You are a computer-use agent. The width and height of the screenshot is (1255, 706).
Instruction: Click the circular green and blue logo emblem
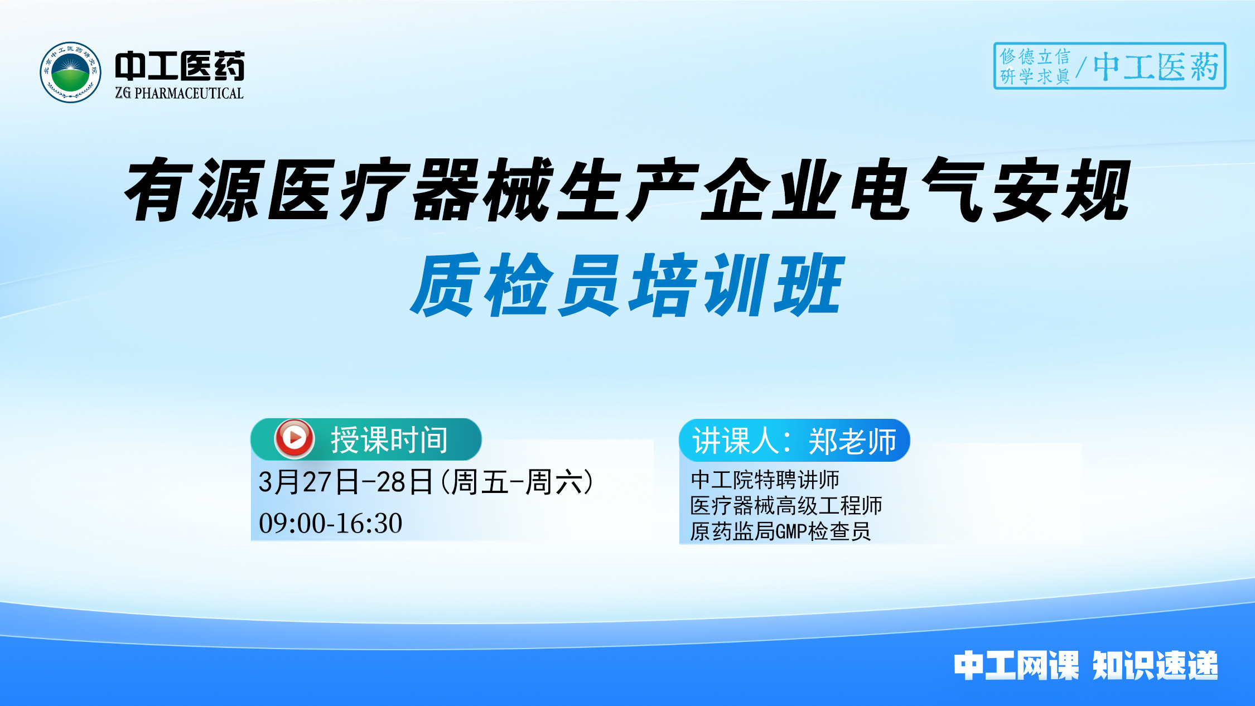[x=70, y=72]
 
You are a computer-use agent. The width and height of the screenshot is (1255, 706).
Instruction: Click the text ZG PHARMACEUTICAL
[x=179, y=93]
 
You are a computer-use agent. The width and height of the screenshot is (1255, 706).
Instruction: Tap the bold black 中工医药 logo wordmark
[x=180, y=66]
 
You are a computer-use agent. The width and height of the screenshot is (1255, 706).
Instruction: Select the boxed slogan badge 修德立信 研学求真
[x=1034, y=66]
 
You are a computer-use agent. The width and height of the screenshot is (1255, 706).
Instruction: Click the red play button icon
[x=295, y=438]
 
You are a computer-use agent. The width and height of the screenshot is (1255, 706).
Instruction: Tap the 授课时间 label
[x=389, y=440]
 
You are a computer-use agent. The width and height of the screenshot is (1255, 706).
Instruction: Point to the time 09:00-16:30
[x=330, y=523]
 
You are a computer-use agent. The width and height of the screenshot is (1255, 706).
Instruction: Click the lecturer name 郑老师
[x=852, y=441]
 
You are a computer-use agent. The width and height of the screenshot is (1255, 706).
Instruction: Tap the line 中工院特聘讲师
[x=765, y=480]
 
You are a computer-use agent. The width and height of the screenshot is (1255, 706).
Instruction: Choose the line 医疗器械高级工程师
[x=786, y=506]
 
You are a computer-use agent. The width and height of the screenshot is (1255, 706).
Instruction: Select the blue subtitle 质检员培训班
[x=627, y=284]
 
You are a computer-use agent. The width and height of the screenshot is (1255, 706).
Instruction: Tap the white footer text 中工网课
[x=1016, y=665]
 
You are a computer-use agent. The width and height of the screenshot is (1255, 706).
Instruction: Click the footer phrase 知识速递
[x=1155, y=665]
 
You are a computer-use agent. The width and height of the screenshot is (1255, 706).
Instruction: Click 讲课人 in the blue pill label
[x=736, y=441]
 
